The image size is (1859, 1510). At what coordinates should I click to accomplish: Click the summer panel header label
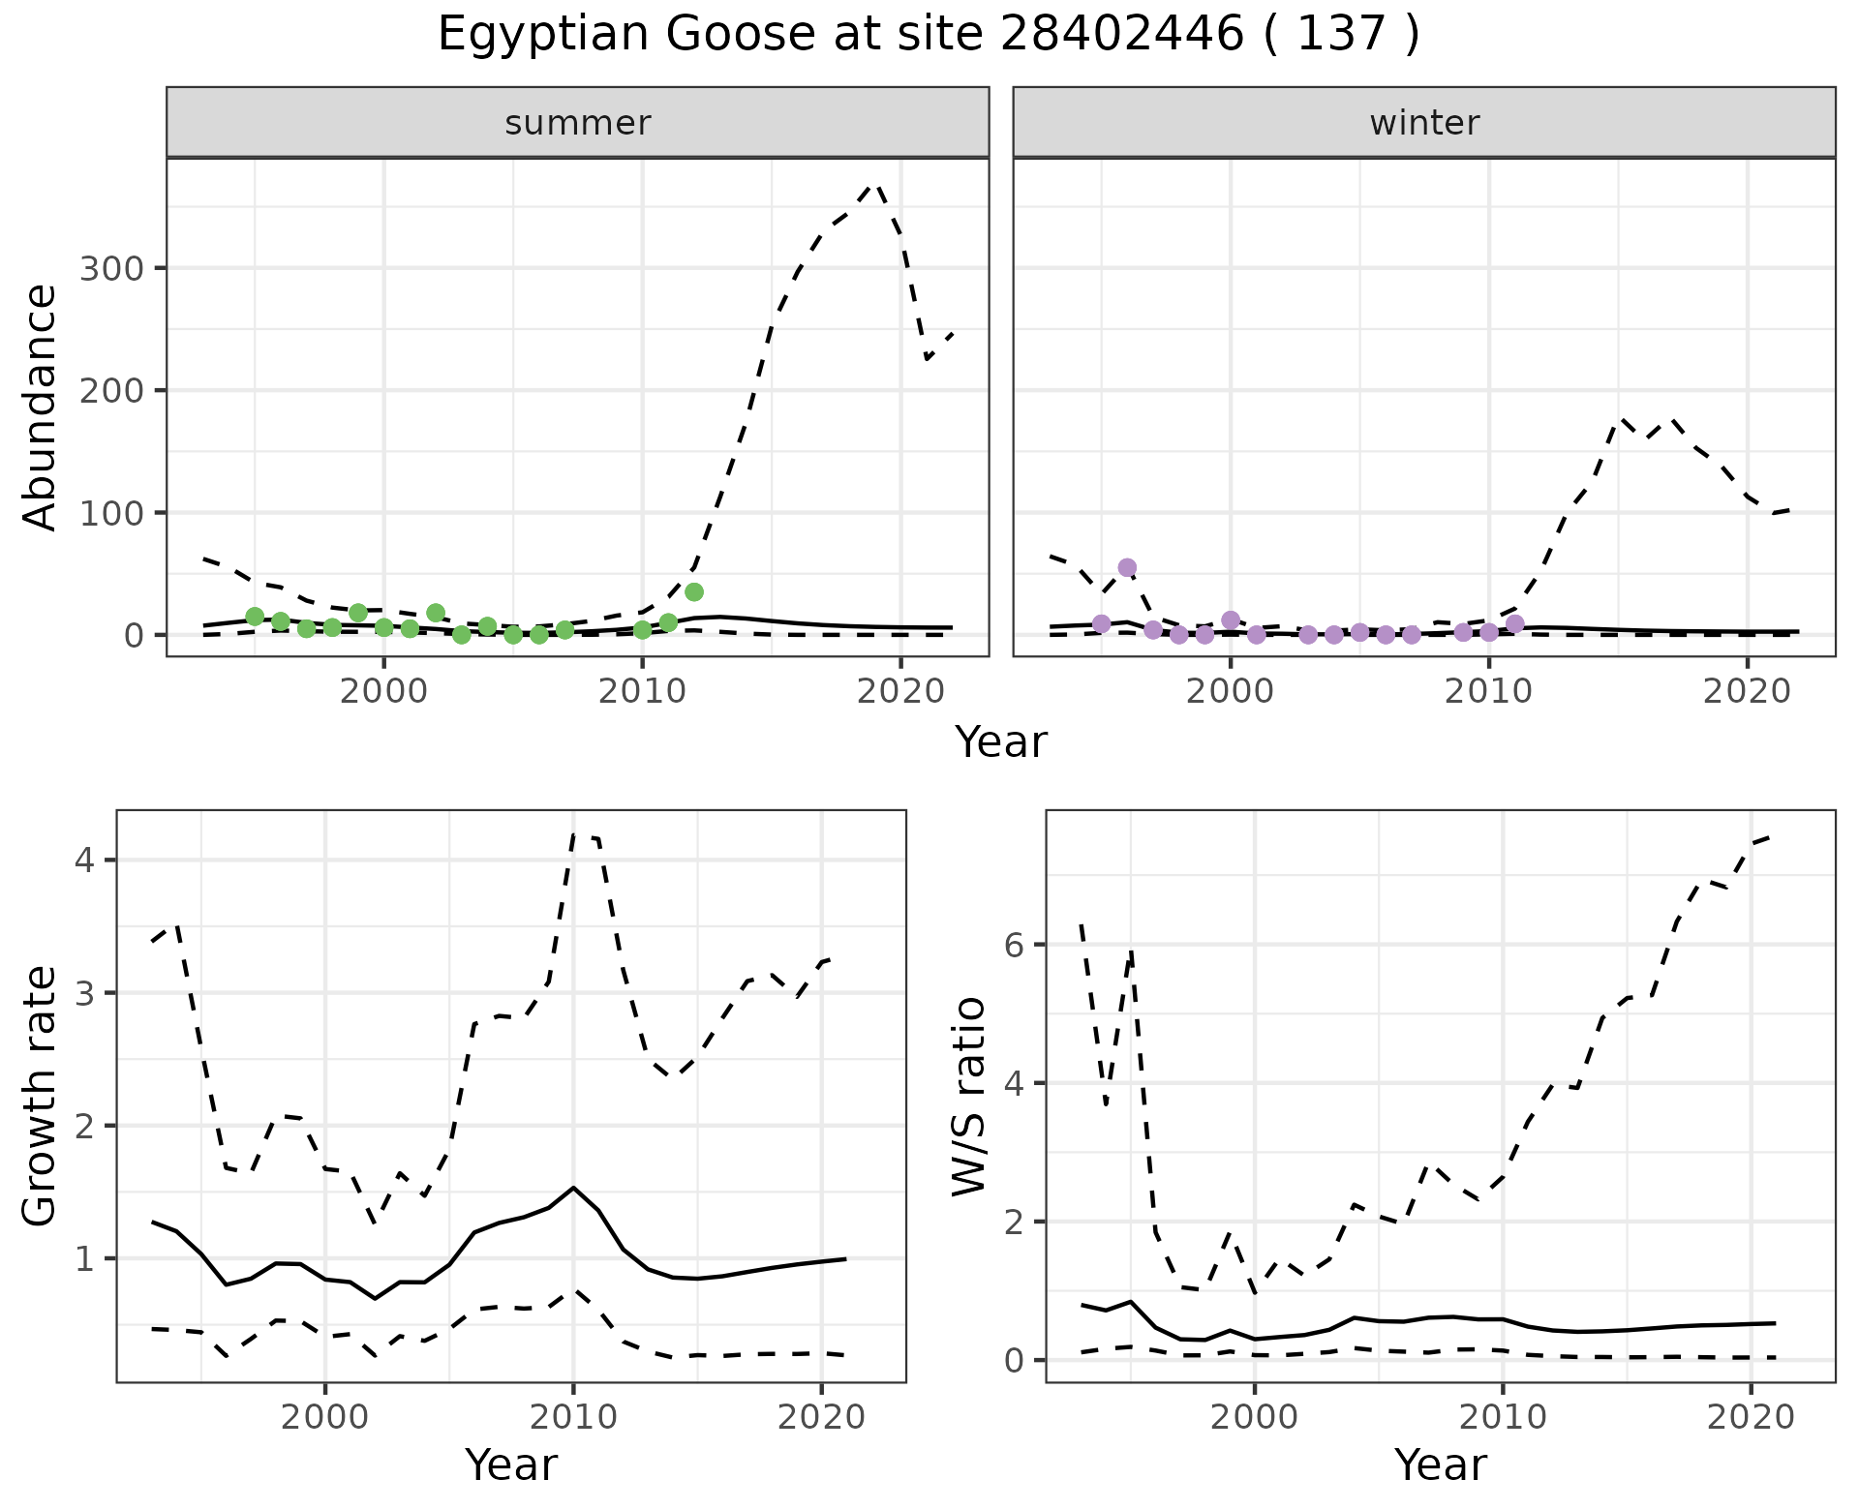[x=578, y=123]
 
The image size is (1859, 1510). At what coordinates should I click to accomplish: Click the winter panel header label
[x=1424, y=123]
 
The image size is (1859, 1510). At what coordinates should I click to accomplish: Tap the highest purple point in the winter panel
[x=1127, y=567]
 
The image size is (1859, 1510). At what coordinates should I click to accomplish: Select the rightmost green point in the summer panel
[x=693, y=591]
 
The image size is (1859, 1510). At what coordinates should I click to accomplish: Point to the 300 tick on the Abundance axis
[x=110, y=268]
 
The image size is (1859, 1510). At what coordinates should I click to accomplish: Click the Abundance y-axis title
[x=41, y=407]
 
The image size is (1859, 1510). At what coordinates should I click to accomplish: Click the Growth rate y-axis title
[x=41, y=1097]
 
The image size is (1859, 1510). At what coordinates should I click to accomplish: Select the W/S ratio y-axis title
[x=969, y=1097]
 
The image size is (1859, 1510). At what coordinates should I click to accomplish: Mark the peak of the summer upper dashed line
[x=876, y=184]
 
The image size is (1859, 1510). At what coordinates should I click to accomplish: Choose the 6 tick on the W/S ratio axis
[x=1013, y=945]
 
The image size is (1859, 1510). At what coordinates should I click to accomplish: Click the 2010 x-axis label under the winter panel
[x=1488, y=692]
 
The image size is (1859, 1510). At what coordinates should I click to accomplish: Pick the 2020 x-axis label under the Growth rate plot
[x=821, y=1418]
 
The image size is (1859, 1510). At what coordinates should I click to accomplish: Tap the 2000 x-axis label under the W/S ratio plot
[x=1255, y=1418]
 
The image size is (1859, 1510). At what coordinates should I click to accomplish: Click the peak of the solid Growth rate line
[x=573, y=1187]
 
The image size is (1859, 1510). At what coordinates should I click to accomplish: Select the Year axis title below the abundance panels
[x=1001, y=742]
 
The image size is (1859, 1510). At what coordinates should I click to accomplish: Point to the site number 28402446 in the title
[x=1120, y=35]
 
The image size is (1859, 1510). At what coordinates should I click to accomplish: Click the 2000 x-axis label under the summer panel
[x=383, y=692]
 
